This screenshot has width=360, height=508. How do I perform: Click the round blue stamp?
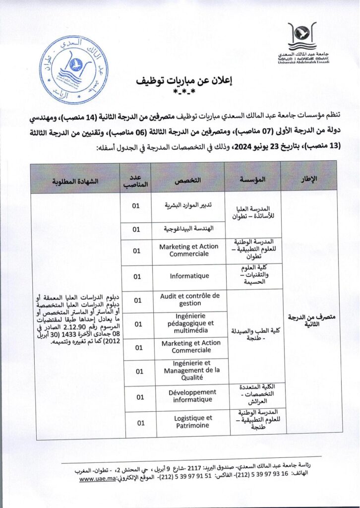73,70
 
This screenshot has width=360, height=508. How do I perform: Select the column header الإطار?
308,178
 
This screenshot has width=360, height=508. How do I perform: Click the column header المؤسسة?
252,178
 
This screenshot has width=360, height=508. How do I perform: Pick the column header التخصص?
188,178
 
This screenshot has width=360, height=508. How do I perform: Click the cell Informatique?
189,276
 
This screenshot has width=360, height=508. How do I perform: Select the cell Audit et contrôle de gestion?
189,300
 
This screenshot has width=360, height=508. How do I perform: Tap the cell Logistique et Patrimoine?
189,422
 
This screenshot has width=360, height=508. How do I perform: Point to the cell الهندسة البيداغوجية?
189,229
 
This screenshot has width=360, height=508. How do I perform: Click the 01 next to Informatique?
138,277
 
